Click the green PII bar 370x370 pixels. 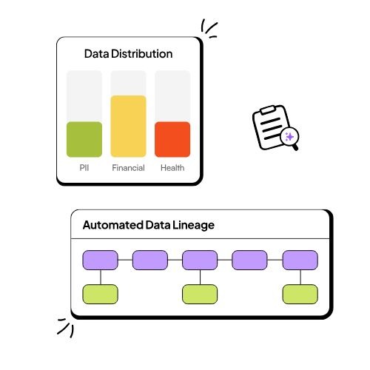(x=84, y=139)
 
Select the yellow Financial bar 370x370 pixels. (x=128, y=126)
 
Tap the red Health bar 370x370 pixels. (x=172, y=139)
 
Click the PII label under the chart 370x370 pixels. (x=84, y=168)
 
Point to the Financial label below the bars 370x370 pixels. (x=128, y=168)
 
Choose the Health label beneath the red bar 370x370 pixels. (x=172, y=168)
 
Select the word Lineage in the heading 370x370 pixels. (x=192, y=225)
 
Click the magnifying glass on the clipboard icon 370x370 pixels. (x=290, y=138)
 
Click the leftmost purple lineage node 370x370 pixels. (x=100, y=260)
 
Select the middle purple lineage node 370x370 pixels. (x=200, y=260)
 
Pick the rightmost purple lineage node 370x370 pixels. (x=300, y=260)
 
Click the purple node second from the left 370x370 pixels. (x=150, y=260)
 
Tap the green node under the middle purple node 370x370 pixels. (x=200, y=294)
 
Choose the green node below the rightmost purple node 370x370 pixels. (x=300, y=294)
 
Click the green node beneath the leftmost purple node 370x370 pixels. (x=100, y=294)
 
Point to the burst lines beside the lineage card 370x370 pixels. (x=65, y=326)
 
